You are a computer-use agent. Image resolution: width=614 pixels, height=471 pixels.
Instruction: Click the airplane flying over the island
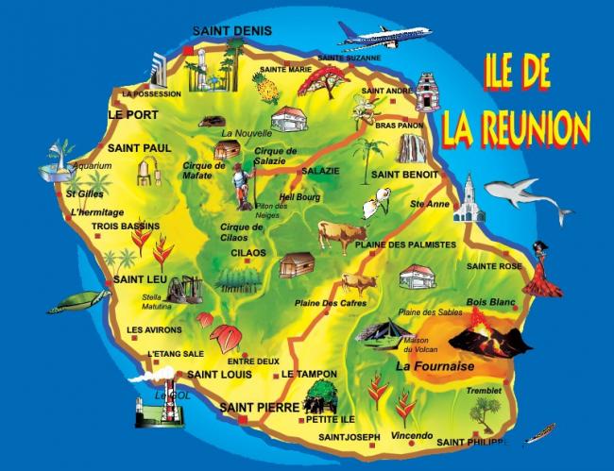[384, 34]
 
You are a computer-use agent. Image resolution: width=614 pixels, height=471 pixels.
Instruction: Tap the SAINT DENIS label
[225, 31]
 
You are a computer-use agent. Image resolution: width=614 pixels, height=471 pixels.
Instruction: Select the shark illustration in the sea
[527, 197]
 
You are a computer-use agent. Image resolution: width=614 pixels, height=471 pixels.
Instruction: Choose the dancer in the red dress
[541, 269]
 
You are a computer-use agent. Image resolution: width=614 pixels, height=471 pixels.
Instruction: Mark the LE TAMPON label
[309, 374]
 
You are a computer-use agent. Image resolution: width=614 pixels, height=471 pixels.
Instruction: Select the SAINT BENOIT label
[404, 175]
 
